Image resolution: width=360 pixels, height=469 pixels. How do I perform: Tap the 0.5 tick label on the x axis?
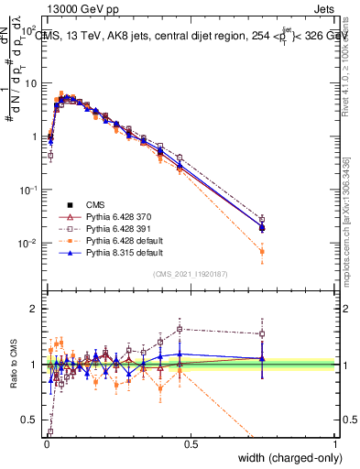(191, 443)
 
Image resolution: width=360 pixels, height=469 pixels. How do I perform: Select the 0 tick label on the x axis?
(46, 443)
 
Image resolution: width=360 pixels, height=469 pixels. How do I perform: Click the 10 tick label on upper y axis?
(31, 83)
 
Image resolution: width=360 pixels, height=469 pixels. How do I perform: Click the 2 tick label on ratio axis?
(35, 309)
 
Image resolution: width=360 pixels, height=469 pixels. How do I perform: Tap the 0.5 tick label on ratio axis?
(29, 420)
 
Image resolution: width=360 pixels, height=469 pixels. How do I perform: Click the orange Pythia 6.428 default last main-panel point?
(262, 251)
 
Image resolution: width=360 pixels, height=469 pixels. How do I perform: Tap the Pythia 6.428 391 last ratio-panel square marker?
(262, 333)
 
